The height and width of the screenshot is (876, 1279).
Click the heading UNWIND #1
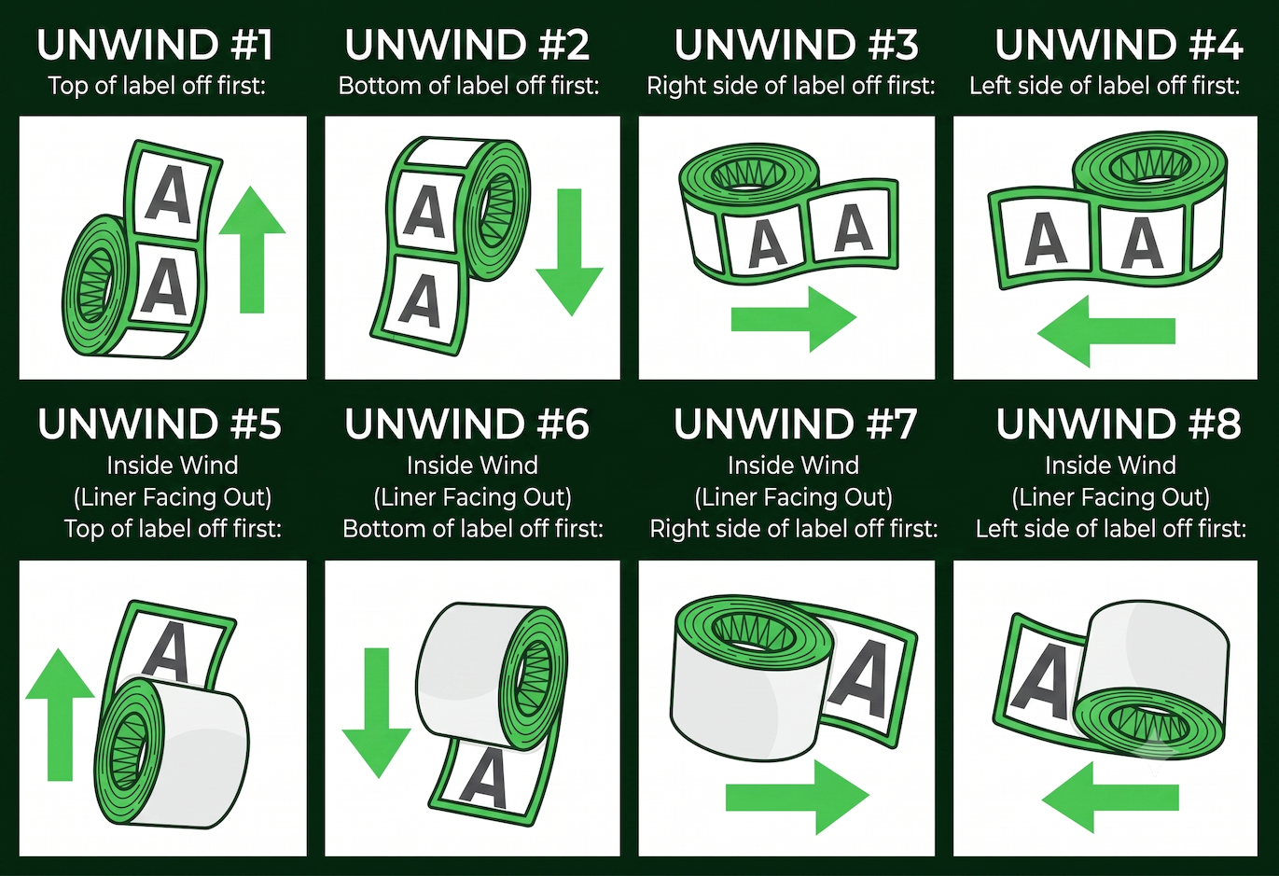(155, 45)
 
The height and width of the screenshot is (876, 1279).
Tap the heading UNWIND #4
(1119, 45)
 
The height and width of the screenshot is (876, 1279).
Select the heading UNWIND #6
(466, 424)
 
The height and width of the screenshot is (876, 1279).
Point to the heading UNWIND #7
(796, 424)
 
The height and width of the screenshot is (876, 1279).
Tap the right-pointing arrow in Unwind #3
(794, 319)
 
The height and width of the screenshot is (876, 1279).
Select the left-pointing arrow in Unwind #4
(1105, 331)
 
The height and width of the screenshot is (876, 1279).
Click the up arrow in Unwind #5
(60, 715)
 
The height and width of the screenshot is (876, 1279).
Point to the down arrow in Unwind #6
(376, 713)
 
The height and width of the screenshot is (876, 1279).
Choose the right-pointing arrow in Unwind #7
(797, 798)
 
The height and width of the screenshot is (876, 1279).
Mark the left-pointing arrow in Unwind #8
(1110, 798)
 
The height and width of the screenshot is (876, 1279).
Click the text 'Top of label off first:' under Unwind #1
(157, 86)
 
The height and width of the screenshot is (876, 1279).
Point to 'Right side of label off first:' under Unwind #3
(791, 86)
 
